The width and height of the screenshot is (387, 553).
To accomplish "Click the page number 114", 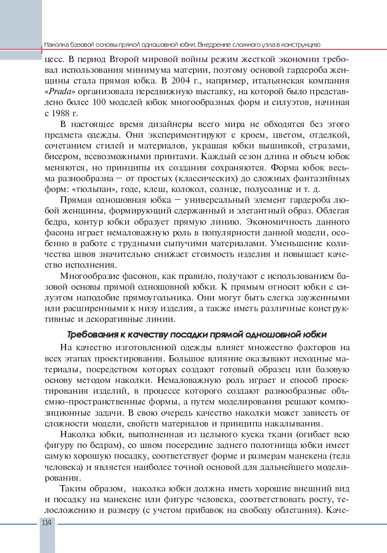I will (47, 523).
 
